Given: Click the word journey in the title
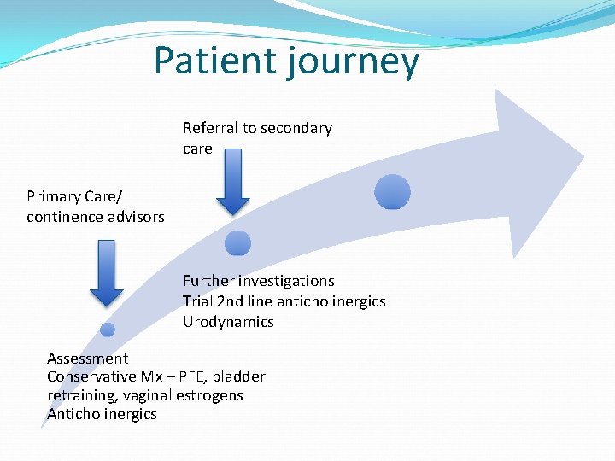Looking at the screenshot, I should [x=360, y=63].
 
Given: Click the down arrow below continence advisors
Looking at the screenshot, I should [x=107, y=271].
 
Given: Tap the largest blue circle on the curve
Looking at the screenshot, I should [x=393, y=192].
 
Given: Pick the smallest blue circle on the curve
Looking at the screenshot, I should [x=108, y=330].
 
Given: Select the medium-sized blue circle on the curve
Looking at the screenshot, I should [x=237, y=243].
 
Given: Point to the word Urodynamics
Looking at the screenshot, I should [x=228, y=322].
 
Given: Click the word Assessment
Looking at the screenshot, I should [x=87, y=359].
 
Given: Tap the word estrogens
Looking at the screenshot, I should [x=209, y=395].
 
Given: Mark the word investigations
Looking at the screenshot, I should [x=286, y=281].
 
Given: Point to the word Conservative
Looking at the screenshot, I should [x=91, y=376].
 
